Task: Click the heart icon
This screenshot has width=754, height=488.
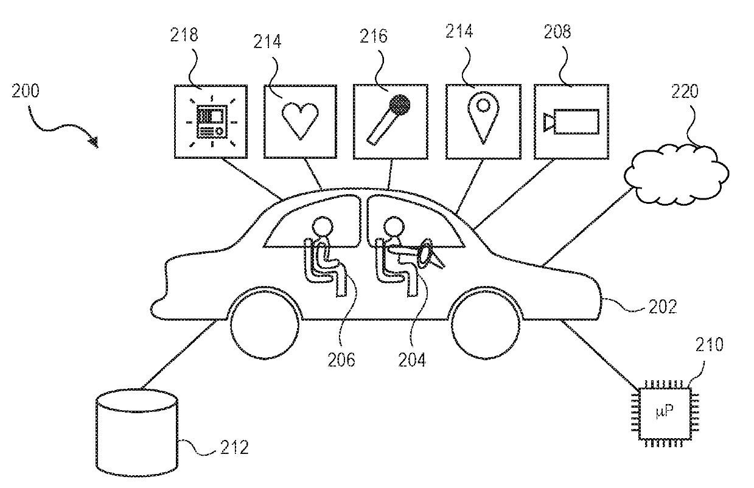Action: click(300, 121)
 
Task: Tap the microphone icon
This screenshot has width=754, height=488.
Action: click(388, 120)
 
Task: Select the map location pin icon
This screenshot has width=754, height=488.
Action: click(483, 119)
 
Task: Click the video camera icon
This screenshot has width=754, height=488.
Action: click(571, 121)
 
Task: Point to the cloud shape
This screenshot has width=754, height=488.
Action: click(676, 175)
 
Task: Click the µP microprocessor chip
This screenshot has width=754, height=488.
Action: click(665, 414)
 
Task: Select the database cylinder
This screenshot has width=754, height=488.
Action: click(137, 433)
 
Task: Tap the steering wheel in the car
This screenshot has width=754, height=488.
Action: click(425, 253)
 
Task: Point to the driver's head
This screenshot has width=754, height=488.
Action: click(394, 226)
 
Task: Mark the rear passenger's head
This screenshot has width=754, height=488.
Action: click(323, 226)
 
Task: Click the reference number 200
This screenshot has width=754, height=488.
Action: click(26, 91)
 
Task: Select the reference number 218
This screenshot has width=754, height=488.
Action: click(184, 35)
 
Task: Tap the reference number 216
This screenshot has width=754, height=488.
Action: click(373, 36)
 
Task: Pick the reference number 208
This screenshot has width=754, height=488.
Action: click(557, 32)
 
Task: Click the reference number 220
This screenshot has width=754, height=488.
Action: click(685, 91)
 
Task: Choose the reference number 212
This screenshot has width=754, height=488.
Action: click(235, 447)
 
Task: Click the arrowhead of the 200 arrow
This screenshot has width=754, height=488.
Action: click(94, 142)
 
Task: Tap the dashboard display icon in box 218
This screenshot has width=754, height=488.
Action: click(212, 122)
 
